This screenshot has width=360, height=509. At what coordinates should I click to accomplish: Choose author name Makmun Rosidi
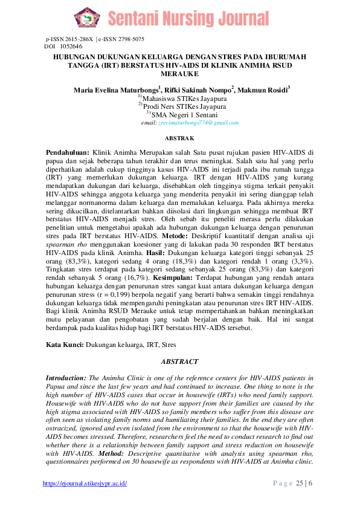263,90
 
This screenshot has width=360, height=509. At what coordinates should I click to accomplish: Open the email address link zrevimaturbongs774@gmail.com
198,122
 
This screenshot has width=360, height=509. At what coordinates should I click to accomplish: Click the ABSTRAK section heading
179,138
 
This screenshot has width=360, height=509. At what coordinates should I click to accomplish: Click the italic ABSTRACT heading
179,361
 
